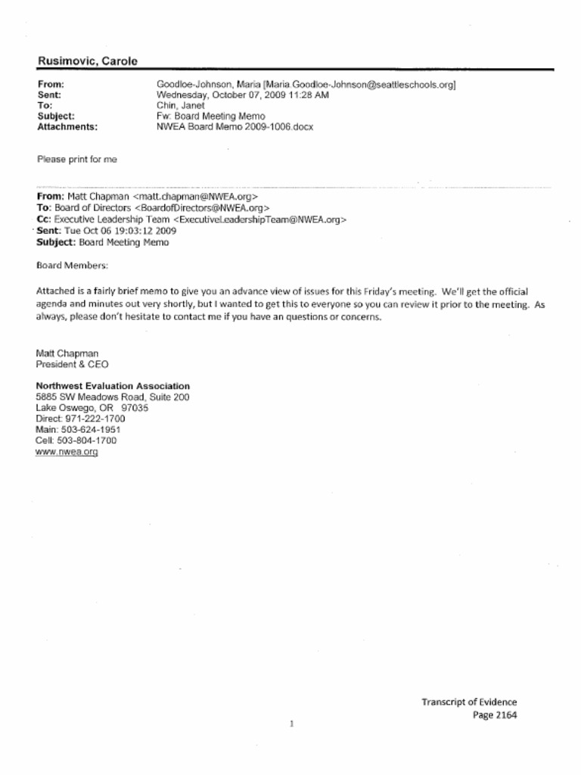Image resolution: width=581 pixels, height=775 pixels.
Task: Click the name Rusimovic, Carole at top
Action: [x=87, y=61]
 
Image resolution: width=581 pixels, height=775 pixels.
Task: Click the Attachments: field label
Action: [x=67, y=127]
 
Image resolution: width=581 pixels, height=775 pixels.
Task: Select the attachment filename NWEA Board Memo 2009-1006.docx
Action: [x=235, y=127]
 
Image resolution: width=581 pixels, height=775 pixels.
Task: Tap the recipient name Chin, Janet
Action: [x=181, y=106]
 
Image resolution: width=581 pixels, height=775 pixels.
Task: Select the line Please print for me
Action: [x=76, y=160]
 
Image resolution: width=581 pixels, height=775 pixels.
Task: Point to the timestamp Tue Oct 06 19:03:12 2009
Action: [x=123, y=231]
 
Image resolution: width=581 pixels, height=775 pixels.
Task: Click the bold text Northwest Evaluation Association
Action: [x=113, y=386]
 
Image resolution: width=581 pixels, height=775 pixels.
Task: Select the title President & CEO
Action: [x=73, y=364]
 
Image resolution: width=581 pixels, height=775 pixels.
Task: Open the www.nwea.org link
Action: [x=67, y=452]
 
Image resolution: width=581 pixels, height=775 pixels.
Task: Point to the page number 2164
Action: [x=506, y=714]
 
